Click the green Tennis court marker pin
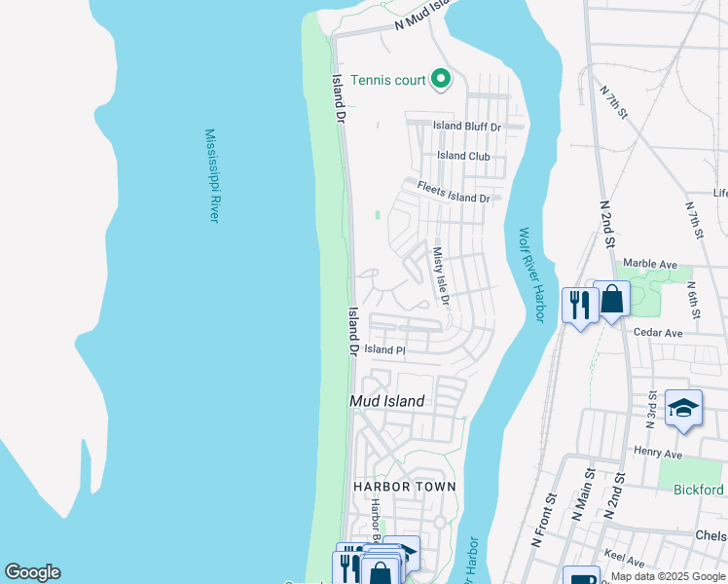pos(441,79)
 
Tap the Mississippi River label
pos(210,176)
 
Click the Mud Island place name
pos(387,401)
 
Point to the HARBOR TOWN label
pos(404,487)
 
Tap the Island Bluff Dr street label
pos(467,127)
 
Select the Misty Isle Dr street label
pos(440,275)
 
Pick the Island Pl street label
pos(384,349)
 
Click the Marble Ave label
pos(649,264)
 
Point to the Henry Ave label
pos(657,453)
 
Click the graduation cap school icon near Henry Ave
pos(683,408)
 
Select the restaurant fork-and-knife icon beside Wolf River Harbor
pos(580,306)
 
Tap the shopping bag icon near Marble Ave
pos(611,299)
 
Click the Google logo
pos(32,572)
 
